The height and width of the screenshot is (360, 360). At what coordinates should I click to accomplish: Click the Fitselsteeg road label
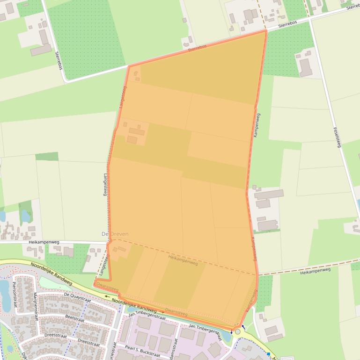coord(337,138)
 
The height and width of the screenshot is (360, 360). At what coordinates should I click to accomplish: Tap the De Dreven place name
coord(115,234)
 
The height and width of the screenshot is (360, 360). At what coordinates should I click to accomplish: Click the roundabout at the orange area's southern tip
coord(238,332)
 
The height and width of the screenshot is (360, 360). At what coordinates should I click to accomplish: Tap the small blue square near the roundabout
coord(268,354)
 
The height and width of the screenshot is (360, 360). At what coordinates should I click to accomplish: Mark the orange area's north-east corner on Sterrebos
coord(265,31)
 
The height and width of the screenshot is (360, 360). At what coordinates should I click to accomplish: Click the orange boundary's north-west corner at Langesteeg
coord(128,66)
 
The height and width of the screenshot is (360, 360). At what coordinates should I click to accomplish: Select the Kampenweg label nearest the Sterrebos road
coord(257,125)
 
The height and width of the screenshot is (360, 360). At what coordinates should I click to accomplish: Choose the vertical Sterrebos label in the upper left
coord(59,60)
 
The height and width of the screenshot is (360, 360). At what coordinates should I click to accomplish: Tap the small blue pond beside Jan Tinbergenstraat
coord(228,335)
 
